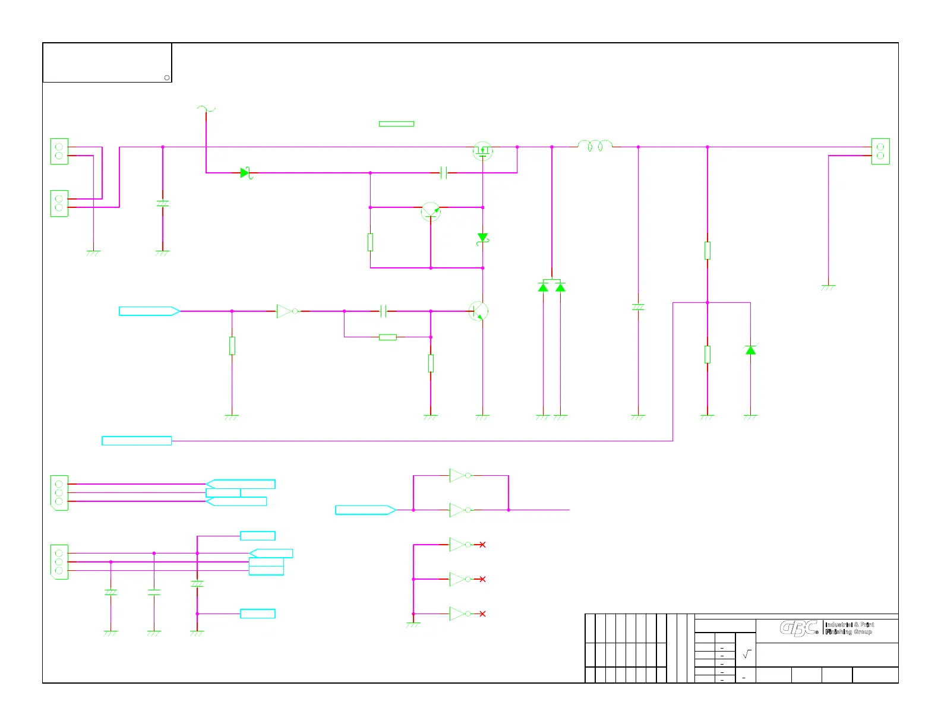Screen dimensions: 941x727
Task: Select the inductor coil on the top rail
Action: (x=595, y=146)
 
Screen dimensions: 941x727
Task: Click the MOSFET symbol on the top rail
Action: (x=482, y=151)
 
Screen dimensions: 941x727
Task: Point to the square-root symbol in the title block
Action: (x=747, y=654)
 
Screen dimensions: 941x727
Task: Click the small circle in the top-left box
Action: (x=167, y=78)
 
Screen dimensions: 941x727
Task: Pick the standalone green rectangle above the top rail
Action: (x=396, y=124)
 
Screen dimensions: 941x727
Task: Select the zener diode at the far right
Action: (x=750, y=350)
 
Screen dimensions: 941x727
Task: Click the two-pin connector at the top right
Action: (x=880, y=151)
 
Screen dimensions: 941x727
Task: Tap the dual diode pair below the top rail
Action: (x=551, y=286)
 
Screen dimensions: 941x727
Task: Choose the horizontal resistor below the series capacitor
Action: (x=387, y=337)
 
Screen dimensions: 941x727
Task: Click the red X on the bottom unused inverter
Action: (x=482, y=614)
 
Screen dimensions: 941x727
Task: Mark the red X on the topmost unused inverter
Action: (x=482, y=545)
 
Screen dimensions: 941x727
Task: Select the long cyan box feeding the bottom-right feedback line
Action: (x=137, y=441)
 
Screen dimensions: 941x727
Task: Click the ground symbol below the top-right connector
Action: (x=828, y=287)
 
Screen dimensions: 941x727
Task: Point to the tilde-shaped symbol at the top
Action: (x=206, y=109)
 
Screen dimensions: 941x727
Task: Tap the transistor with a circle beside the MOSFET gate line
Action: (x=431, y=211)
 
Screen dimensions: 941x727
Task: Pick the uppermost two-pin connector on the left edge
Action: (x=59, y=151)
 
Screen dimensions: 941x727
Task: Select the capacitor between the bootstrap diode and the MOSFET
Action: (x=443, y=173)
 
